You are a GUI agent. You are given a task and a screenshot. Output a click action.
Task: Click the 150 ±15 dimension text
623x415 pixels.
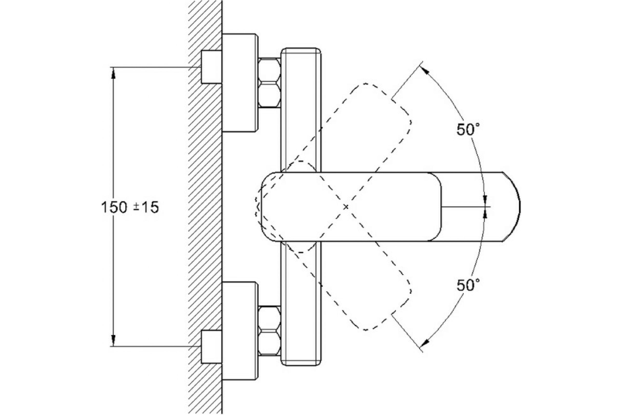130,207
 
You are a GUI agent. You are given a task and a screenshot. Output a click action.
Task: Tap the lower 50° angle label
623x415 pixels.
468,286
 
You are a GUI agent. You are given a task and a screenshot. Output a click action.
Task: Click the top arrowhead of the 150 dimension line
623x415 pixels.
113,73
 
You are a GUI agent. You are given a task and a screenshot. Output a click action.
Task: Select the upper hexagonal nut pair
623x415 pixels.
269,82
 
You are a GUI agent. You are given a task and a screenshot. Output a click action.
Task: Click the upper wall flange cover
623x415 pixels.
239,82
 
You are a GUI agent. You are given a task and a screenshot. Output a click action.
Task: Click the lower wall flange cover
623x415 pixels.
239,331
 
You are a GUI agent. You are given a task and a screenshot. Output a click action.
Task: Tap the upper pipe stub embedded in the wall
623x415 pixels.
211,67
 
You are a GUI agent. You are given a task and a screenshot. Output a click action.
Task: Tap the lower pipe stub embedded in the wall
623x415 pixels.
211,347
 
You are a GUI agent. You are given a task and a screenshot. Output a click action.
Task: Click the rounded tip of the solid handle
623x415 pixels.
511,207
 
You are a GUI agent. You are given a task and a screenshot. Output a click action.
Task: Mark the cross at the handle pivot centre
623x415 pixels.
346,207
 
